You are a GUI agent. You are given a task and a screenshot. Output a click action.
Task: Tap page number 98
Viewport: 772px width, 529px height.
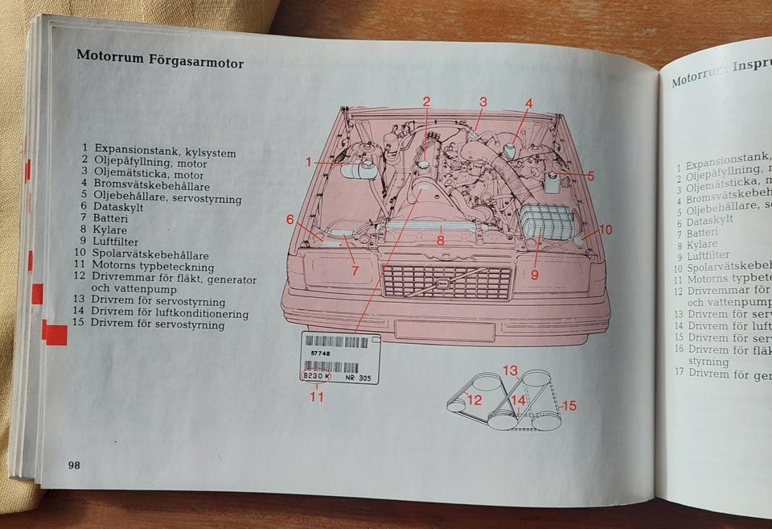point(73,465)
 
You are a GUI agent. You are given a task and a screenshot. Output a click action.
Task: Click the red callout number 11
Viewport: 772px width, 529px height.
point(317,396)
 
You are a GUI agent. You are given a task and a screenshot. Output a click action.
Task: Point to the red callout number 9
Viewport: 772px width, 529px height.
point(534,274)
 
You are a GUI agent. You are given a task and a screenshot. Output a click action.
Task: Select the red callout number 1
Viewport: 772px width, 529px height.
point(308,162)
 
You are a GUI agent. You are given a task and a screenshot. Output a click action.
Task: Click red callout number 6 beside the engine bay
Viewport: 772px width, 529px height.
point(290,219)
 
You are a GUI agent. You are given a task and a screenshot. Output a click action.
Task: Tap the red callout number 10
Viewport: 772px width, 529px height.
point(605,229)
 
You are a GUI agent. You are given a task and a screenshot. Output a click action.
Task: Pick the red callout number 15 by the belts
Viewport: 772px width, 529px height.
point(569,406)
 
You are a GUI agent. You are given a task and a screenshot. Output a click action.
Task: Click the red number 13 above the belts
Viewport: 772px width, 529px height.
point(511,370)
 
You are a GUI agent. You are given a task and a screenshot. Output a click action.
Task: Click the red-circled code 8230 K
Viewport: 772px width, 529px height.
point(315,376)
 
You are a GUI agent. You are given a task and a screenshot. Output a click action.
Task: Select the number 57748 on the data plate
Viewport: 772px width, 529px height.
point(319,353)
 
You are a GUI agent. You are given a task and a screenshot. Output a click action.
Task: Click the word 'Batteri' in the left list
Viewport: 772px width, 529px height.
point(111,217)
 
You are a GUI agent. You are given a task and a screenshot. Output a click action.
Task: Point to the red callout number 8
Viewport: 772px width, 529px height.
point(441,239)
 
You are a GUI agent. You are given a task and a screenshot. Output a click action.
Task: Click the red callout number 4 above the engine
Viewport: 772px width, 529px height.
point(529,103)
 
